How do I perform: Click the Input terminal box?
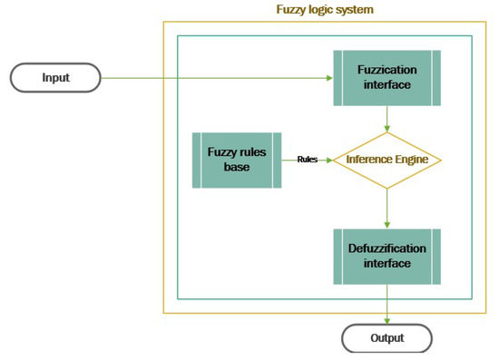[55, 78]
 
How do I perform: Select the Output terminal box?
[386, 338]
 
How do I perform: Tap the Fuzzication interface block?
[387, 77]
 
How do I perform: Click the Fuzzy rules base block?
[237, 160]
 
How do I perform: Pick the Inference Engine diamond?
[387, 160]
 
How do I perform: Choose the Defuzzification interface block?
[387, 256]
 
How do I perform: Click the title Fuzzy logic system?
[324, 9]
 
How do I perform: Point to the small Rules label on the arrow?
[307, 160]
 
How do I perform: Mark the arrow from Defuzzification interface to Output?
[387, 303]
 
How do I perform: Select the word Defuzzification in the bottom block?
[387, 248]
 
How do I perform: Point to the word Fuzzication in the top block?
[387, 69]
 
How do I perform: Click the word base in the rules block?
[237, 168]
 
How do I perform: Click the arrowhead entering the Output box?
[387, 320]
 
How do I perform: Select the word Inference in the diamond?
[368, 160]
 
